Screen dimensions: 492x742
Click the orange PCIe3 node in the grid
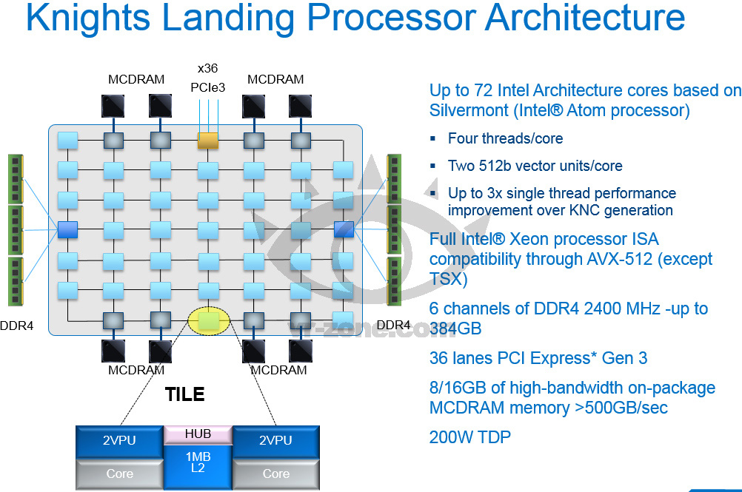208,139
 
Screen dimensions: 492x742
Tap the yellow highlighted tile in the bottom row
209,320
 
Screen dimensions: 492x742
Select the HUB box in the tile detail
198,434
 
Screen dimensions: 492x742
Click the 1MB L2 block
198,462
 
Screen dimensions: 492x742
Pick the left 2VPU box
120,441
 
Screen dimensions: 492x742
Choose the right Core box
276,474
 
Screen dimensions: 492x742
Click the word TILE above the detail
184,394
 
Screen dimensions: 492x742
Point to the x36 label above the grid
207,68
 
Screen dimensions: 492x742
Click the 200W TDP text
469,437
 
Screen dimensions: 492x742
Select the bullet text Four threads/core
505,138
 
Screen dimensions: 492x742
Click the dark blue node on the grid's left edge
67,229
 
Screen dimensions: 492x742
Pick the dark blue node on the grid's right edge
344,229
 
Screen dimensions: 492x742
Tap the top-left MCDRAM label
136,79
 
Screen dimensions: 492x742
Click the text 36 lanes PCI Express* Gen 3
538,358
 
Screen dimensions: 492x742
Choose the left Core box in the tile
120,474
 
